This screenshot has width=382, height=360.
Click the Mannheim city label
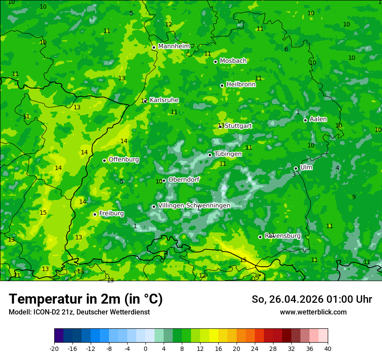174,46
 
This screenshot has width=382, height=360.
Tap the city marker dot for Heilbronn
222,85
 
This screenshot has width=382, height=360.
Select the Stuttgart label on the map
238,126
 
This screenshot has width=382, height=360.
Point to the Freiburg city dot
95,214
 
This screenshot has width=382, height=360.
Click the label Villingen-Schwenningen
194,206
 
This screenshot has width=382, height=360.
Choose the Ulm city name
306,167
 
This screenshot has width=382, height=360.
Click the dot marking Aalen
305,120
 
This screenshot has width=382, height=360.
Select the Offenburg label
124,160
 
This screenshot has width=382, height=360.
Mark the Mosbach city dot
215,62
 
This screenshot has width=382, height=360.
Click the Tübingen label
228,154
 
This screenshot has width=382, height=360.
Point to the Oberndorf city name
184,180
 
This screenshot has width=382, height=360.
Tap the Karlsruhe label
164,100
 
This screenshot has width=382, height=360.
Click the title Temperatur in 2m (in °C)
86,299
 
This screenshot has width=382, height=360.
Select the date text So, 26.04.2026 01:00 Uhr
312,299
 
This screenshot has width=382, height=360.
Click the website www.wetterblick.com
313,312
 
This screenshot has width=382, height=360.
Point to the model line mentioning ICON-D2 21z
79,312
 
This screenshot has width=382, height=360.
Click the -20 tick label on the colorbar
54,349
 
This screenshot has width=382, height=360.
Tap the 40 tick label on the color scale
328,349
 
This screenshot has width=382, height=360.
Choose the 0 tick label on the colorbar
145,349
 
